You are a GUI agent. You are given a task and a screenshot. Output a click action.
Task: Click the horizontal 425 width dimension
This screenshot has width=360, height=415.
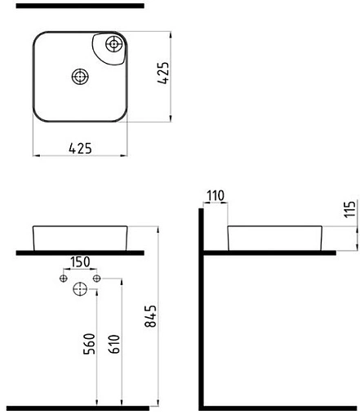pos(79,148)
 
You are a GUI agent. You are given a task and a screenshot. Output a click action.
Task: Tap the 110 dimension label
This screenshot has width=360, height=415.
pos(216,197)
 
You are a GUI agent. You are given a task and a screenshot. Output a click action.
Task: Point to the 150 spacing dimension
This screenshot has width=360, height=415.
pos(80,263)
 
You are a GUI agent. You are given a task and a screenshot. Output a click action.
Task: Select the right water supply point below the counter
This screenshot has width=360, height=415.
pos(96,279)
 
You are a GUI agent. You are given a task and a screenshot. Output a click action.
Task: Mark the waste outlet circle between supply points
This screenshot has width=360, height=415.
pos(80,288)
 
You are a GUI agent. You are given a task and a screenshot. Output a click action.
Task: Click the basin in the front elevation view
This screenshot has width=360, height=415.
pos(79,236)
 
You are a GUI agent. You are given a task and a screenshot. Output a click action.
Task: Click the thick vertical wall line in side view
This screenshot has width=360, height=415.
pos(202,310)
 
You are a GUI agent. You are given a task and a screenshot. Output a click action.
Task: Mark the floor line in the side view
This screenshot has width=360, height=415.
pos(278,406)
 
